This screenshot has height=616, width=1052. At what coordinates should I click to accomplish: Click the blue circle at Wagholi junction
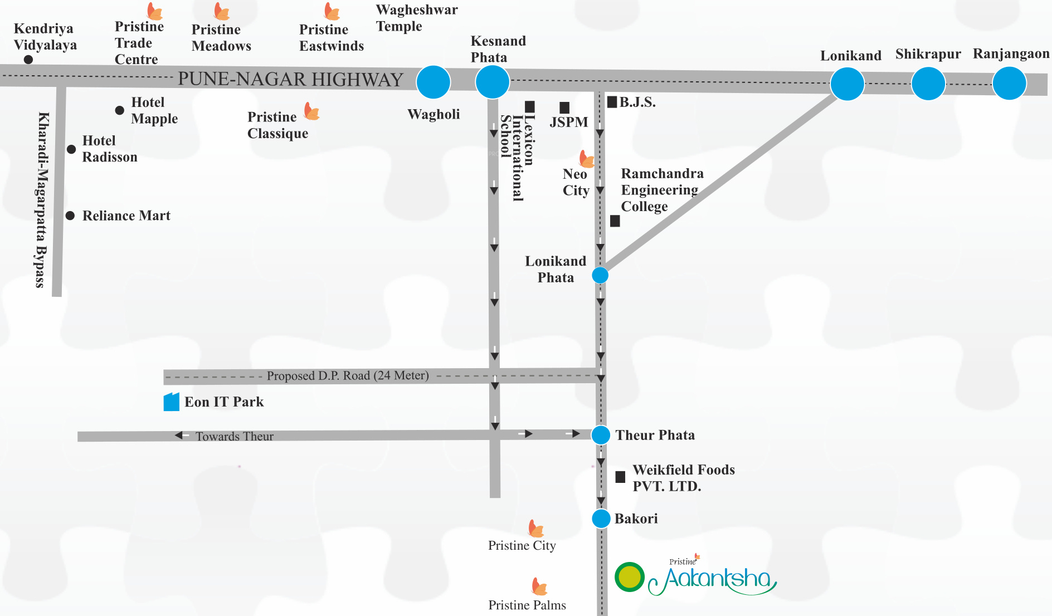[x=434, y=82]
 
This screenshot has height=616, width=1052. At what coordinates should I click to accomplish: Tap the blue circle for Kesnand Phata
[x=492, y=82]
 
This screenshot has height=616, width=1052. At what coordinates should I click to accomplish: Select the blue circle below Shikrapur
[x=928, y=84]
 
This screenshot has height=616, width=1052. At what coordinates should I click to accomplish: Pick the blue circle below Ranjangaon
[x=1009, y=84]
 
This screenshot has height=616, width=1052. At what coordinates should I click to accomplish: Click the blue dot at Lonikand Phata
[x=600, y=275]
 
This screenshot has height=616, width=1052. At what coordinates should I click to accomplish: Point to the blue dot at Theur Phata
[x=601, y=435]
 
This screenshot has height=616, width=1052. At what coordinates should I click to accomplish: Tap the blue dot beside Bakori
[x=601, y=519]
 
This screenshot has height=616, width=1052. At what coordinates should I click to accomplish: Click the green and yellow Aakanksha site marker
[x=630, y=577]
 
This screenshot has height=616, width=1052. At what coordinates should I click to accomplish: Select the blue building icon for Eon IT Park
[x=171, y=402]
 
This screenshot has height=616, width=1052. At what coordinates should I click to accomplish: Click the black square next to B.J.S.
[x=612, y=102]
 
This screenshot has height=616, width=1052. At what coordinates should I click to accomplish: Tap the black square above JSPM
[x=564, y=107]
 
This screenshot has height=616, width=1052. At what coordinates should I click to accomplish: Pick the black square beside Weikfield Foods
[x=620, y=477]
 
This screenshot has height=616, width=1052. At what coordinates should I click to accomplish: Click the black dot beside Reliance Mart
[x=70, y=216]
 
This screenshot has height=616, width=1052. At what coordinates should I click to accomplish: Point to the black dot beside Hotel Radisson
[x=71, y=149]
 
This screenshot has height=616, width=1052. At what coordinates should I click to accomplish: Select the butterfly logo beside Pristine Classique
[x=312, y=111]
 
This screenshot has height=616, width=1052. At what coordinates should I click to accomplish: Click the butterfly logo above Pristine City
[x=535, y=528]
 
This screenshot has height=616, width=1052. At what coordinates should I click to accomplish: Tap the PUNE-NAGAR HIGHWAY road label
[x=290, y=80]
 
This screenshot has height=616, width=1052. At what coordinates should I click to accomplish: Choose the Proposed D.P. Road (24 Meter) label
[x=348, y=376]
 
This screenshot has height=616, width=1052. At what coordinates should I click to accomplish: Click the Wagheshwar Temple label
[x=416, y=18]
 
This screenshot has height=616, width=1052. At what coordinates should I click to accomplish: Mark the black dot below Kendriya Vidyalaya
[x=28, y=60]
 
